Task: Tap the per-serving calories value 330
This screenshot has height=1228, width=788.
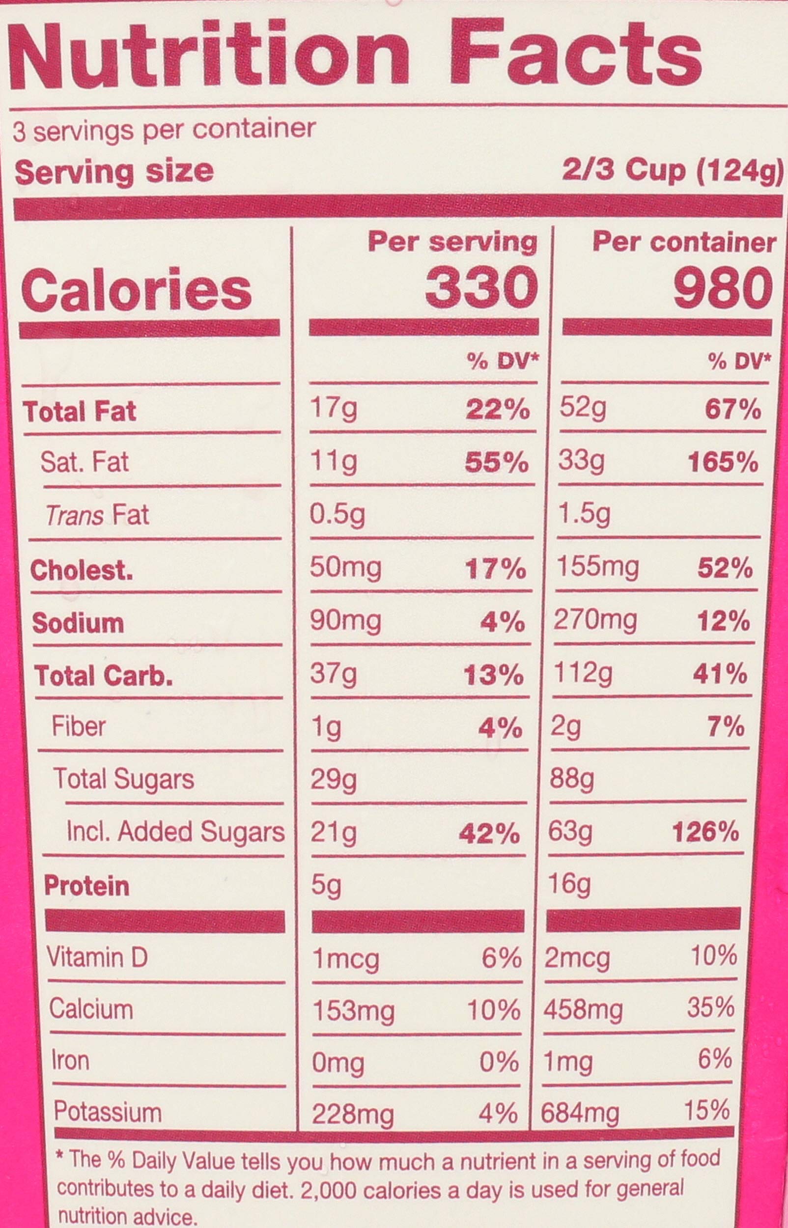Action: pyautogui.click(x=482, y=288)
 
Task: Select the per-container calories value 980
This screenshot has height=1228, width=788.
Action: pyautogui.click(x=723, y=288)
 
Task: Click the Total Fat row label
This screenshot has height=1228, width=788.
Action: pyautogui.click(x=80, y=411)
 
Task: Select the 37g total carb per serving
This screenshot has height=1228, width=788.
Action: pyautogui.click(x=334, y=674)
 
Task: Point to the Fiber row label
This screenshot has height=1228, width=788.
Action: pyautogui.click(x=78, y=726)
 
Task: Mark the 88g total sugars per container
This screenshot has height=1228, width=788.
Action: pyautogui.click(x=571, y=780)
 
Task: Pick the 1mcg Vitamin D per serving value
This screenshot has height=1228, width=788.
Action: pyautogui.click(x=346, y=959)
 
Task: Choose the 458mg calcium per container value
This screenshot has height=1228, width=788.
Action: pyautogui.click(x=583, y=1010)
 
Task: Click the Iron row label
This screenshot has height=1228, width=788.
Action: pyautogui.click(x=70, y=1060)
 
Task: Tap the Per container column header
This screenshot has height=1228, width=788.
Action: pyautogui.click(x=685, y=243)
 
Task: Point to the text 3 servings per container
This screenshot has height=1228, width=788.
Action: pyautogui.click(x=164, y=131)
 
